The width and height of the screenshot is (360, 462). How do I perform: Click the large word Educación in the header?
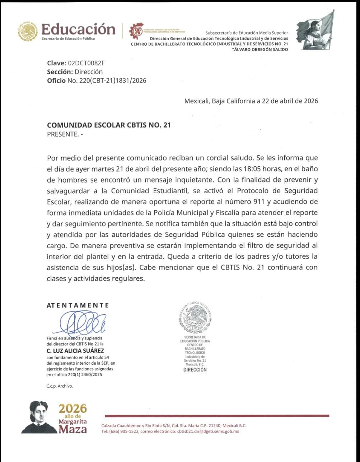tap(79, 29)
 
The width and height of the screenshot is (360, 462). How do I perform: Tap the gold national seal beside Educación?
tap(28, 31)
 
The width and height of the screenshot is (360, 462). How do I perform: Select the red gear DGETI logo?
tap(136, 31)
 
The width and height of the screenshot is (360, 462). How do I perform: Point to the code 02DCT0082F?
tap(86, 64)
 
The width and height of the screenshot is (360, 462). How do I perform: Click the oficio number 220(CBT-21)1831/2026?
tap(107, 80)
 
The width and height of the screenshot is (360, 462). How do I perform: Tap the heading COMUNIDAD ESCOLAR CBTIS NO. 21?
tap(109, 125)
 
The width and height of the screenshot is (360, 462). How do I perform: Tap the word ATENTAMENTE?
tap(78, 305)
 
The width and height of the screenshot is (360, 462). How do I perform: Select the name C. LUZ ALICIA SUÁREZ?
tap(75, 351)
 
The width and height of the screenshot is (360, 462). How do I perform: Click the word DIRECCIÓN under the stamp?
tap(195, 369)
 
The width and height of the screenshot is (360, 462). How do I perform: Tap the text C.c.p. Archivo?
tap(60, 386)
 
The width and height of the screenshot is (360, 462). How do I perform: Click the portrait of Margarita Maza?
tap(39, 417)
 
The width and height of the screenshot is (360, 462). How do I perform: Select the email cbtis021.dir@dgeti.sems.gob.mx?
tap(208, 431)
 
